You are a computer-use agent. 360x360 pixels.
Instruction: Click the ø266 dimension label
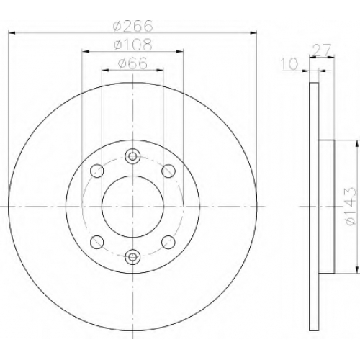132,26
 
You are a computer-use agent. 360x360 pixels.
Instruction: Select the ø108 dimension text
132,45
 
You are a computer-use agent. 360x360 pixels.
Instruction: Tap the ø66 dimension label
132,63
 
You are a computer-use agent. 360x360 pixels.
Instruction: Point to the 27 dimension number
323,50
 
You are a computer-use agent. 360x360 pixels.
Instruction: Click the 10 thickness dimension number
289,64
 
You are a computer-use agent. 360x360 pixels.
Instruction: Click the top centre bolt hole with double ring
132,156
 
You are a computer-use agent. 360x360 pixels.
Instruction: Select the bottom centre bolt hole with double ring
132,257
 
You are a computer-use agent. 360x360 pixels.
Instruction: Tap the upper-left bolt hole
97,171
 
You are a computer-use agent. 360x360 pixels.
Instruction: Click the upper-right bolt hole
168,171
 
